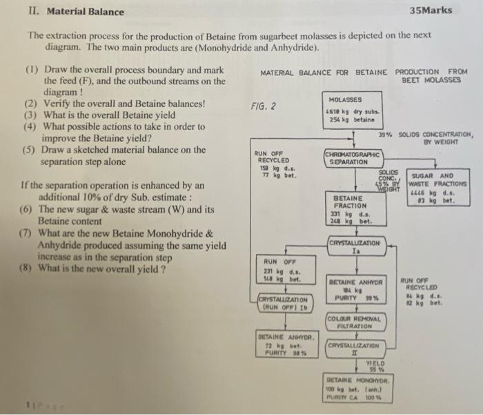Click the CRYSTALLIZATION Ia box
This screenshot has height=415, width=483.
(354, 247)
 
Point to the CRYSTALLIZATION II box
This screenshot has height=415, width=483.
(353, 349)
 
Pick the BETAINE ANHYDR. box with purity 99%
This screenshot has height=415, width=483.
(353, 291)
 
